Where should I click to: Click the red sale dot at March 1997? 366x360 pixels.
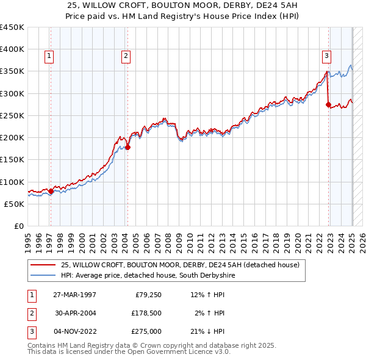pos(51,191)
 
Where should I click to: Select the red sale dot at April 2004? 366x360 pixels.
pos(127,147)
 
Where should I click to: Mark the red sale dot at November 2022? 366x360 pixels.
pos(328,105)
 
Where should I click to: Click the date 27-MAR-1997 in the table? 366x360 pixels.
pos(74,295)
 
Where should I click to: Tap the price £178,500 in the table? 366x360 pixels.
pos(147,313)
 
